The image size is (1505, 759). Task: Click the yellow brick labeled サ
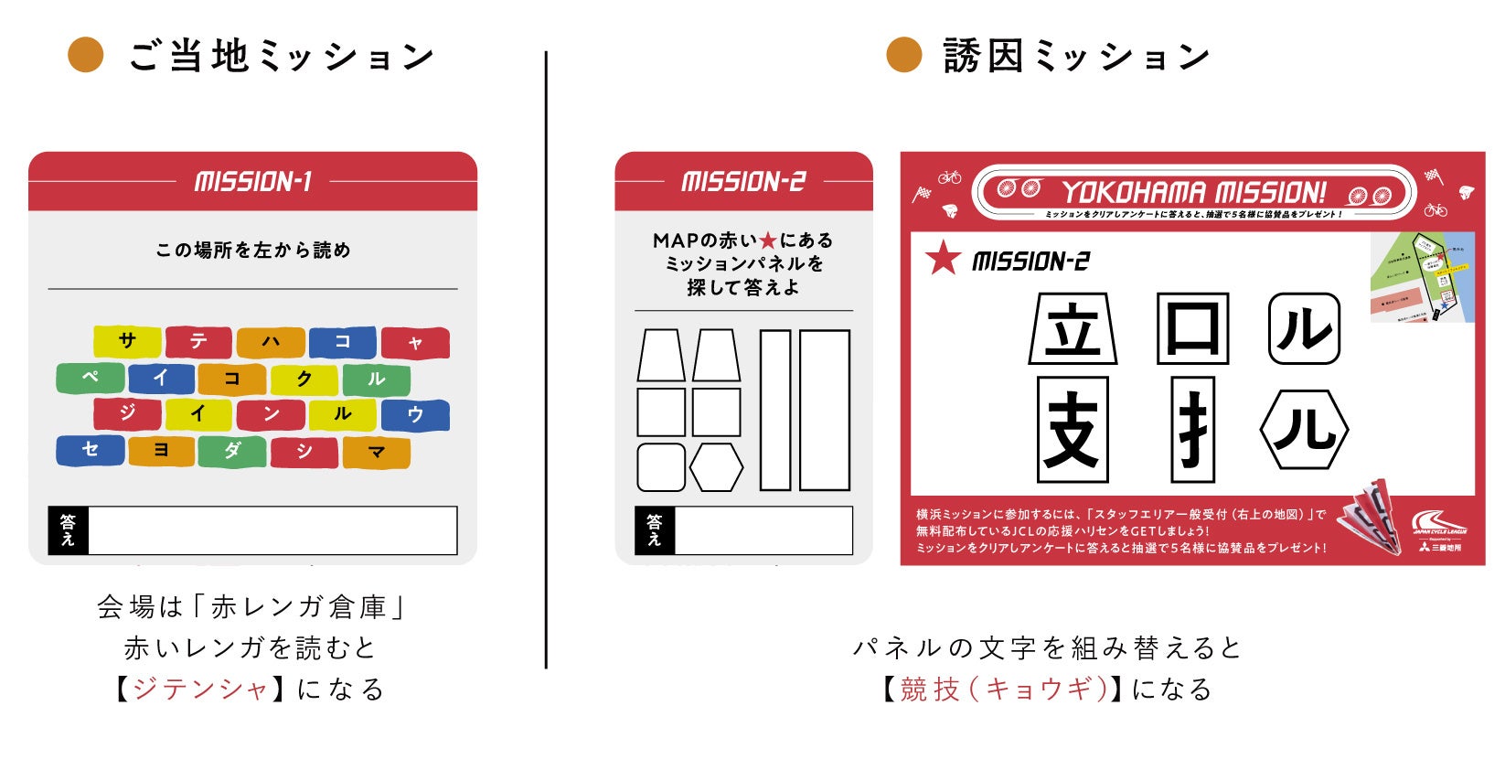127,341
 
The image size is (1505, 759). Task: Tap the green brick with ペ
91,378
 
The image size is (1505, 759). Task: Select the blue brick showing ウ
415,414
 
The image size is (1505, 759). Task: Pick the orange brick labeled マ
377,452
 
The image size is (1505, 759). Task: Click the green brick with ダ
232,451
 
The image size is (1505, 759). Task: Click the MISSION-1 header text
253,181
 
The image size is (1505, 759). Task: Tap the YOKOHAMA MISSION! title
1193,192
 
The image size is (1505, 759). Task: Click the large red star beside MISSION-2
943,259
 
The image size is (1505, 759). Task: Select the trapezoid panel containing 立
1073,329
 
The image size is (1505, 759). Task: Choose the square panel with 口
1192,329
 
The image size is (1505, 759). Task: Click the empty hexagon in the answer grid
716,467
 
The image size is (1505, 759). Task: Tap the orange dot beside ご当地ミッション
86,55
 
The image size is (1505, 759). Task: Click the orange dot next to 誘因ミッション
903,55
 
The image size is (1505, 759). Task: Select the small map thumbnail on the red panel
1421,277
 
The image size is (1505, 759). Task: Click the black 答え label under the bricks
68,530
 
